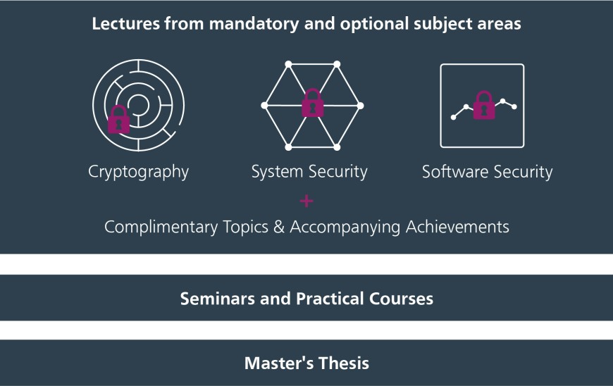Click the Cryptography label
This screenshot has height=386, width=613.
(x=138, y=172)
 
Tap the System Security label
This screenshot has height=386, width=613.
(x=309, y=171)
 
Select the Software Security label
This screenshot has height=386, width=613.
(x=487, y=171)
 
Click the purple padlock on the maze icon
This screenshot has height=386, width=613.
(x=119, y=119)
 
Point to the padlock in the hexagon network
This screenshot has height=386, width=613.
(x=313, y=103)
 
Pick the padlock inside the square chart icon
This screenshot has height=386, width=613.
(x=484, y=105)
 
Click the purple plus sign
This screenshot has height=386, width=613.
(x=306, y=201)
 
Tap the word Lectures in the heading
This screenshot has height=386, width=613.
(x=126, y=23)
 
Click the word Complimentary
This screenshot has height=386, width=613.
(x=161, y=227)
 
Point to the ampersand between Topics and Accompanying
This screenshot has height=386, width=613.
(x=279, y=227)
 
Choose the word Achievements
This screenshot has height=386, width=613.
(x=457, y=227)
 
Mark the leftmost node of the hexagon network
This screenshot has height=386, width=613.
(x=265, y=106)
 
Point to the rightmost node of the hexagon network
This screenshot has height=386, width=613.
(x=361, y=106)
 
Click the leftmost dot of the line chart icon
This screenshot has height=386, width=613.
(x=454, y=117)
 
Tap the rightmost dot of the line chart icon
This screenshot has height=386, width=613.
(x=514, y=106)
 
